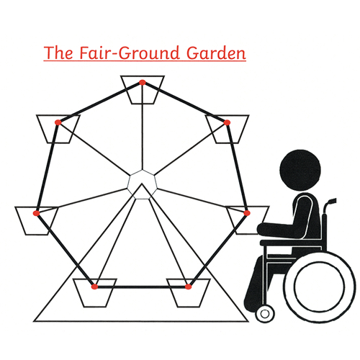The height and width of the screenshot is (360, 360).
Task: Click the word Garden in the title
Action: [216, 53]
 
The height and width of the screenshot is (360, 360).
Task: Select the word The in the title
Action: [58, 53]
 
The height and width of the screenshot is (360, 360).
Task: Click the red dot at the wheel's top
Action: [143, 83]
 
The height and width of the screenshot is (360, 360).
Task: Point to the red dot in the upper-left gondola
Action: [58, 122]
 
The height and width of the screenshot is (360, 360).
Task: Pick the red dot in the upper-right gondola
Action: [227, 122]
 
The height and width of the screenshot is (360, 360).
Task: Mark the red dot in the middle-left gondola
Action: [36, 213]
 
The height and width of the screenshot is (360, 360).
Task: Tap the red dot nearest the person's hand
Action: [247, 213]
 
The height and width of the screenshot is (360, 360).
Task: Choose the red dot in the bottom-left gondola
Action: [94, 287]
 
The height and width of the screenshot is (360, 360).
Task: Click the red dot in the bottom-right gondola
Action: [189, 287]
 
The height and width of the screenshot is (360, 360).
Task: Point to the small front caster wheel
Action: [265, 314]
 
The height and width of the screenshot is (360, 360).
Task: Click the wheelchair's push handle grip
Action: [332, 201]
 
